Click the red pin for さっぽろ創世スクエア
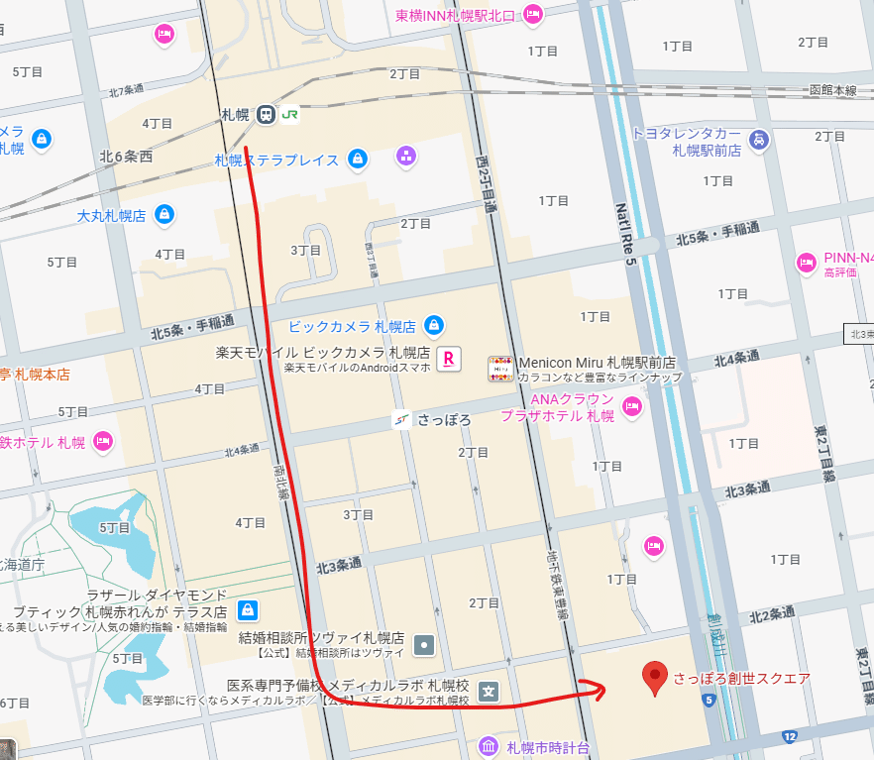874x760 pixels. (653, 678)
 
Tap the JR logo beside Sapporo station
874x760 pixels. (289, 114)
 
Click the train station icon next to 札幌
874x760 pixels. (266, 115)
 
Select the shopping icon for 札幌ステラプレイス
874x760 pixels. (358, 159)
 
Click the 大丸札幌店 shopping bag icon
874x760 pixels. (164, 214)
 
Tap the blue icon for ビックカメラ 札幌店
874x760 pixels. (433, 325)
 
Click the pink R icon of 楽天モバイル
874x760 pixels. (449, 355)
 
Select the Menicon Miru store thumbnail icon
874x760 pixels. (501, 370)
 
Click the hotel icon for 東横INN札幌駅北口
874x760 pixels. (533, 14)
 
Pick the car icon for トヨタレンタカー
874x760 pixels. (758, 140)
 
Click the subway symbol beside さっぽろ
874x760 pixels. (402, 419)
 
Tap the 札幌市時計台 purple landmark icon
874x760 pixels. (489, 746)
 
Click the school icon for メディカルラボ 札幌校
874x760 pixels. (489, 691)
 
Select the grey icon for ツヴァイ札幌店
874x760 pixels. (425, 644)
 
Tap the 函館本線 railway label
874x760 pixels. (831, 90)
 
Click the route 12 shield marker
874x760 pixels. (789, 736)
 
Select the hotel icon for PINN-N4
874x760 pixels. (807, 263)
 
